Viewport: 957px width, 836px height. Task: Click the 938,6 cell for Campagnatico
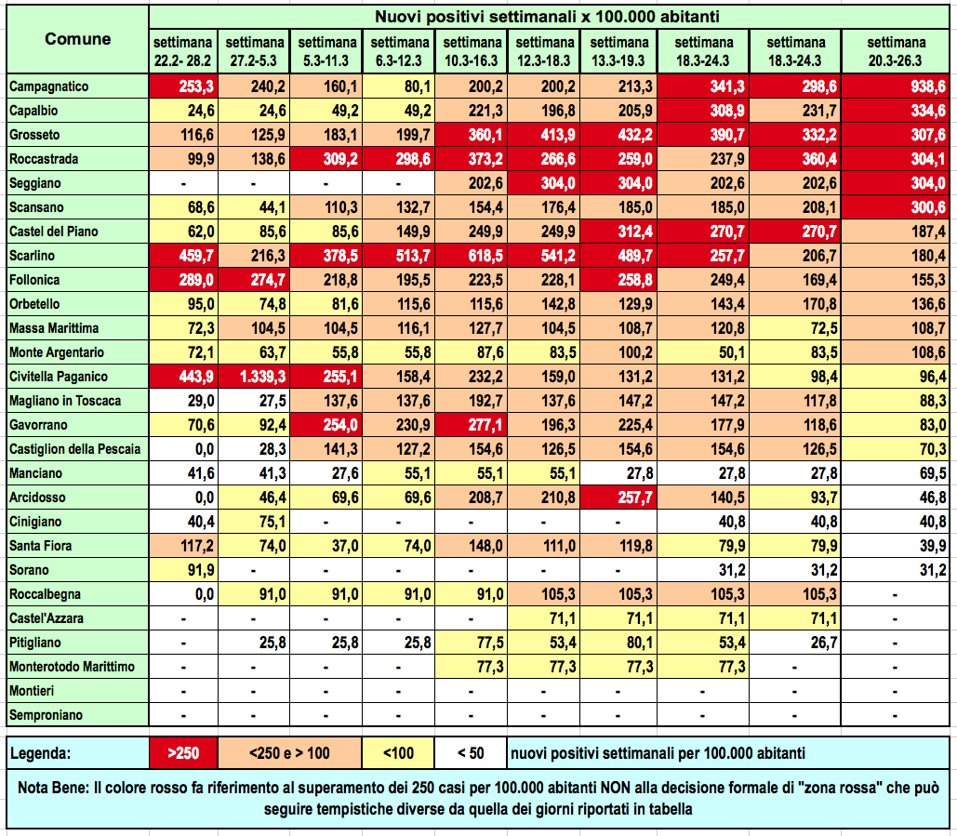[x=898, y=86]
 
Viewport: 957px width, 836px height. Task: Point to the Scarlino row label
[x=29, y=256]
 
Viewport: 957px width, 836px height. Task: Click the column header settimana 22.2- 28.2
[x=182, y=51]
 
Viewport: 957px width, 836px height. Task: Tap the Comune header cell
[x=77, y=39]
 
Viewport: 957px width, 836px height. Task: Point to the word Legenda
[x=44, y=752]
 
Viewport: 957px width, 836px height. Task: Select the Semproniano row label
[x=46, y=715]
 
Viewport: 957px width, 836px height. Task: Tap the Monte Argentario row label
[x=56, y=352]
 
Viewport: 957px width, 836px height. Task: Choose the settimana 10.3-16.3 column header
[x=471, y=51]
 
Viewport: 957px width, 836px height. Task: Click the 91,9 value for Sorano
[x=182, y=570]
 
